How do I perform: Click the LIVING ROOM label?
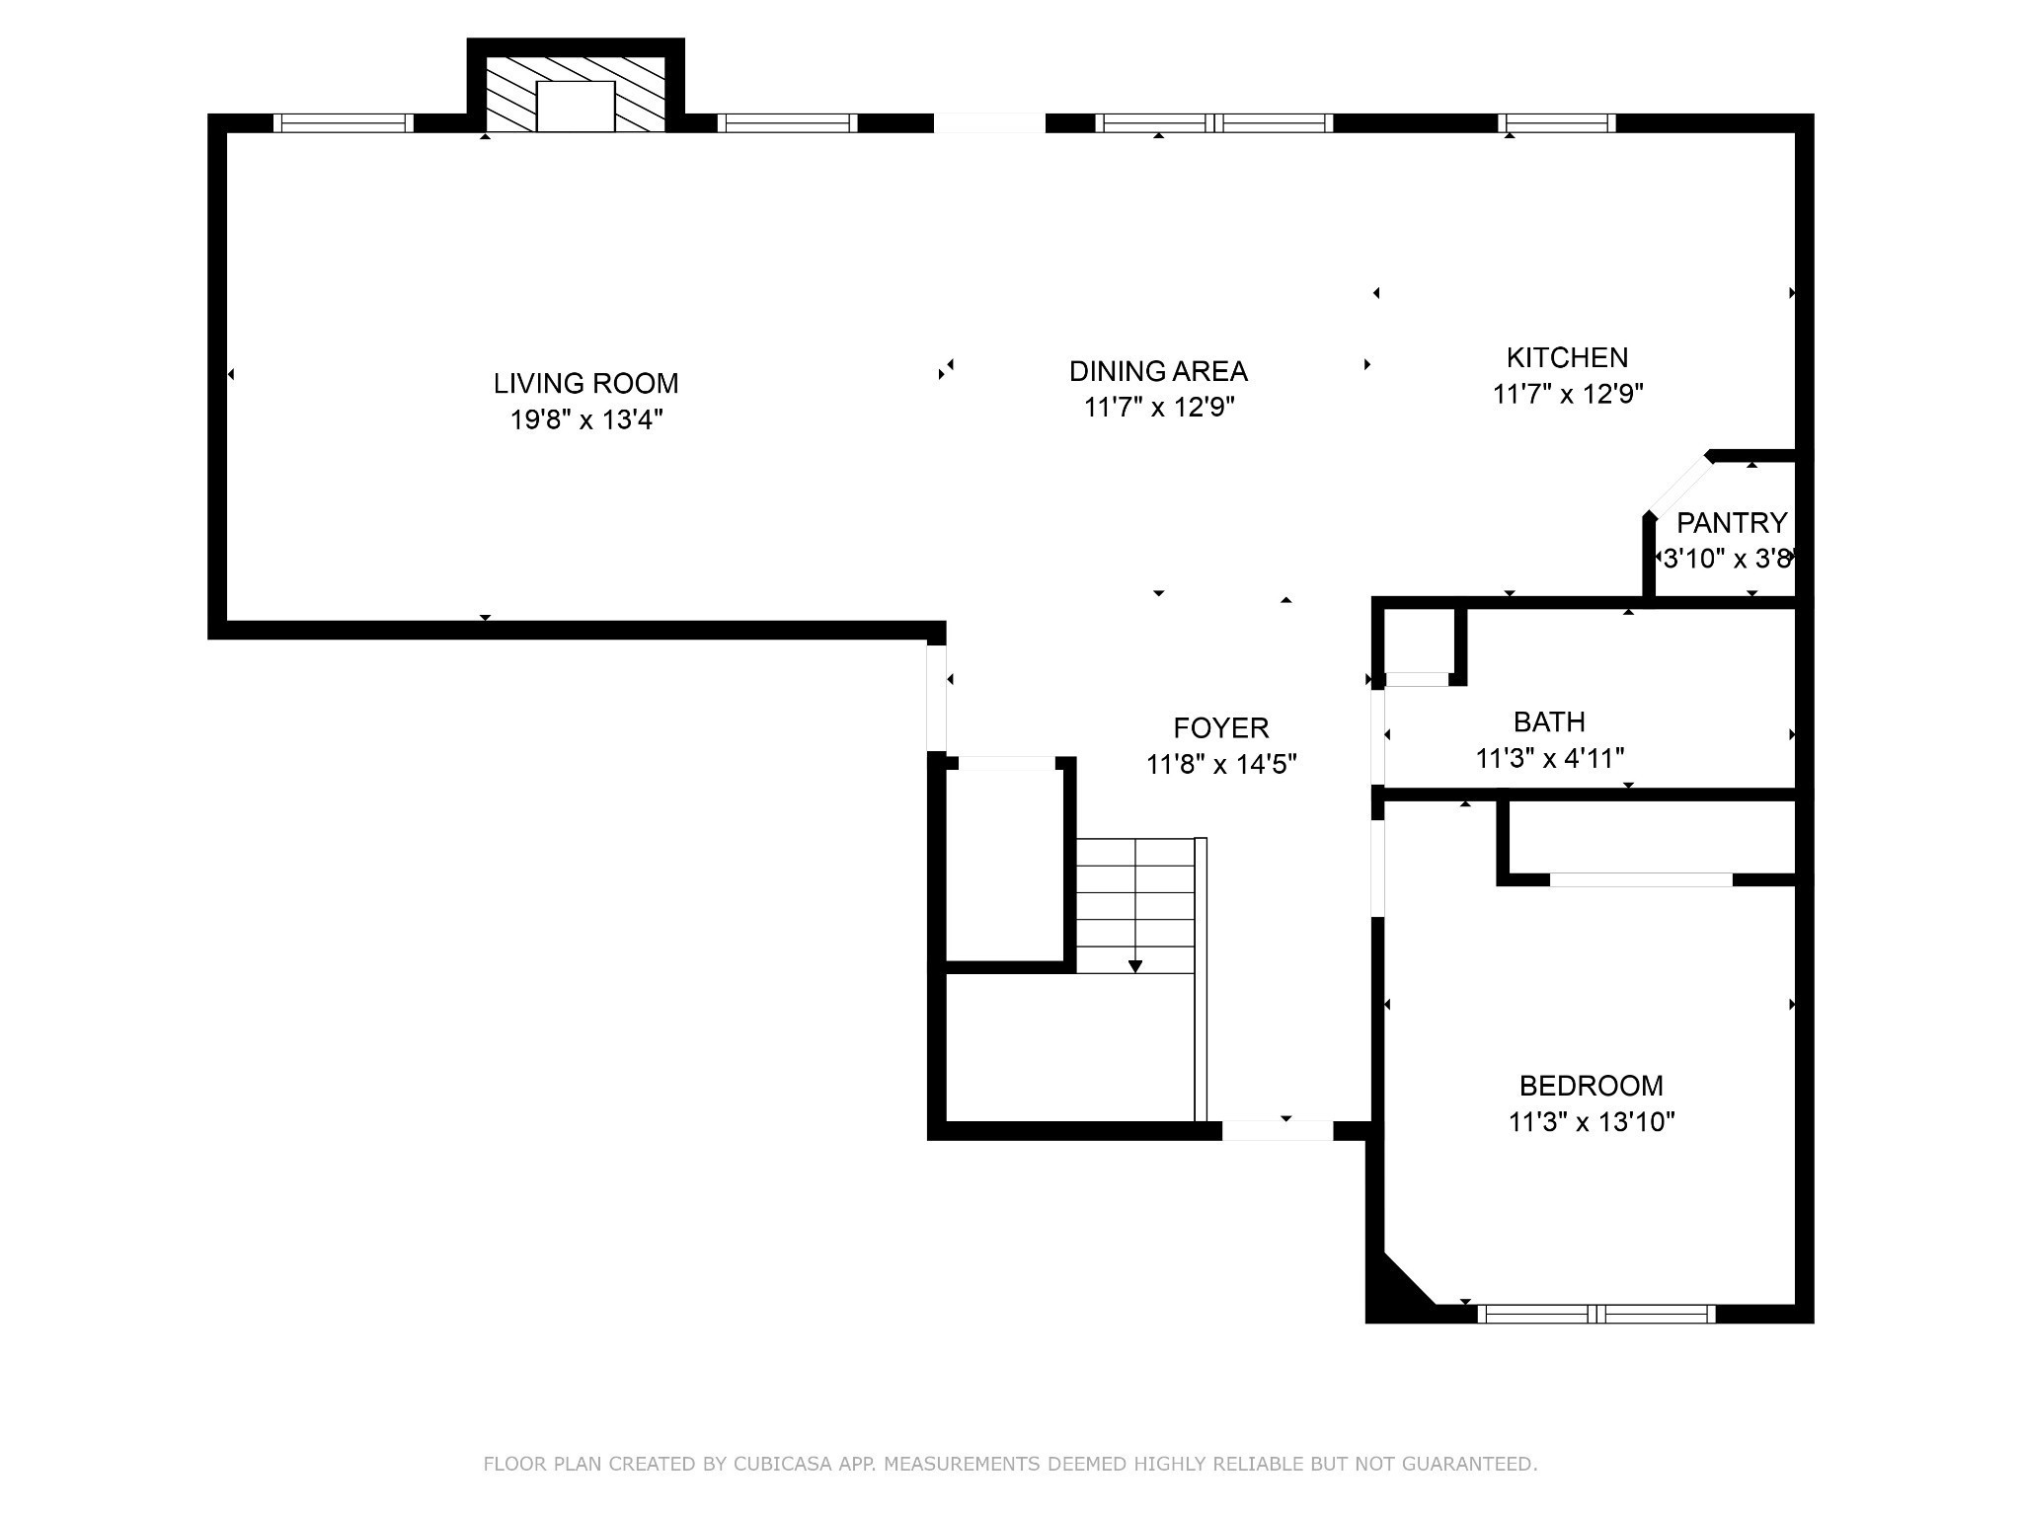(585, 383)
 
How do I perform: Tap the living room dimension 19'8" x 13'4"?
(585, 420)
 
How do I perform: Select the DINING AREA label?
(1158, 371)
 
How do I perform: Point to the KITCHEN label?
(1567, 357)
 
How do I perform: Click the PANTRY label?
(1732, 522)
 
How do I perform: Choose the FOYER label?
(1221, 728)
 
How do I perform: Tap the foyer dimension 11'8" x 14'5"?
(1221, 765)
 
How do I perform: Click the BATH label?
(1549, 722)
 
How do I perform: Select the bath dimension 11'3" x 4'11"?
(1550, 759)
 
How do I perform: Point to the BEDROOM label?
(1591, 1086)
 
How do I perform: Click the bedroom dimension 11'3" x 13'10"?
(1592, 1122)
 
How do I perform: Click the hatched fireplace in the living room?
(576, 94)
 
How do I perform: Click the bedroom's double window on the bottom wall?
(1596, 1314)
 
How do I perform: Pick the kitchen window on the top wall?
(1557, 123)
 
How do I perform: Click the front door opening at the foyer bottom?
(1278, 1131)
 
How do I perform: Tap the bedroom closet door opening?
(1641, 879)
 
